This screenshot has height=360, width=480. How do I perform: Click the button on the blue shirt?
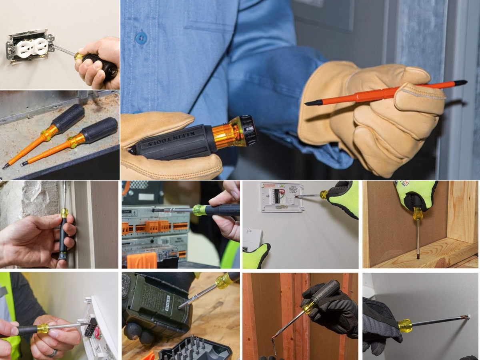coord(141,38)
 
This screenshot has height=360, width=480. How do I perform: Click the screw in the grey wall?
coord(467,317)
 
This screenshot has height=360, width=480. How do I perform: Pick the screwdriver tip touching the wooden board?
coord(418,256)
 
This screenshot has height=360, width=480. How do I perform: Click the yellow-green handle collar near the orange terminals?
coord(199,210)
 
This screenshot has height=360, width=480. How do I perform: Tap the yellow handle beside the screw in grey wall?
coord(405,325)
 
